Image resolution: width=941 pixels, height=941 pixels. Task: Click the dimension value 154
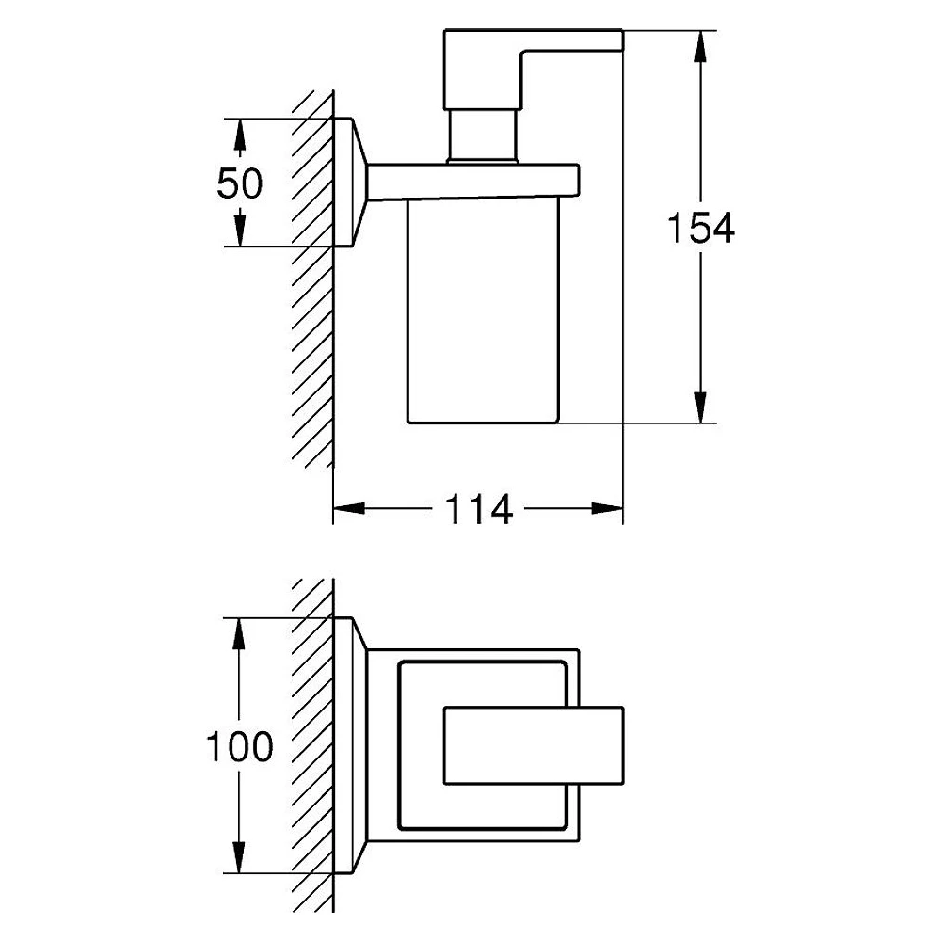tap(700, 228)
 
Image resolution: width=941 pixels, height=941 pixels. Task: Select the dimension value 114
tap(478, 509)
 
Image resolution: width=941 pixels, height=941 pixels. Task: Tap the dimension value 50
tap(239, 183)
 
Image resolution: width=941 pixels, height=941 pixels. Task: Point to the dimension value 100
tap(239, 746)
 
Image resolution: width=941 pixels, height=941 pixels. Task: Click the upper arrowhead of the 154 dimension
tap(700, 46)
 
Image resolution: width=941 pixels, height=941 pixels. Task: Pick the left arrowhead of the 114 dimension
tap(349, 508)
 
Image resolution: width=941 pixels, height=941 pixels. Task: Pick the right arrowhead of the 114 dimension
tap(607, 508)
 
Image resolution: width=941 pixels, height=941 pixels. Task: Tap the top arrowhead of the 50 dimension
tap(239, 135)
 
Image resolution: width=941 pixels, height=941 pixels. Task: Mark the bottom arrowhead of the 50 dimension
tap(239, 231)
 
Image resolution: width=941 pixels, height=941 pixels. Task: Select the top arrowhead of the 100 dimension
tap(239, 633)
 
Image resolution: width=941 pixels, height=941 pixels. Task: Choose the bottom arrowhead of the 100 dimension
tap(239, 857)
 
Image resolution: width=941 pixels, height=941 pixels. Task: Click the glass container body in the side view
tap(483, 311)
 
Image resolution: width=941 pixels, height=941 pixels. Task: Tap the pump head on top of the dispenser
tap(533, 70)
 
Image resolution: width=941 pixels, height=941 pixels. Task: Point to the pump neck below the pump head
tap(483, 136)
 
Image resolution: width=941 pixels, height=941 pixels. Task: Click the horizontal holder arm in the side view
tap(473, 181)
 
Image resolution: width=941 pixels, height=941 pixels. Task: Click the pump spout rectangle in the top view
tap(534, 745)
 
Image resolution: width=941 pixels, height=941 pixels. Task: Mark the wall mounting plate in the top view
tap(350, 745)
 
